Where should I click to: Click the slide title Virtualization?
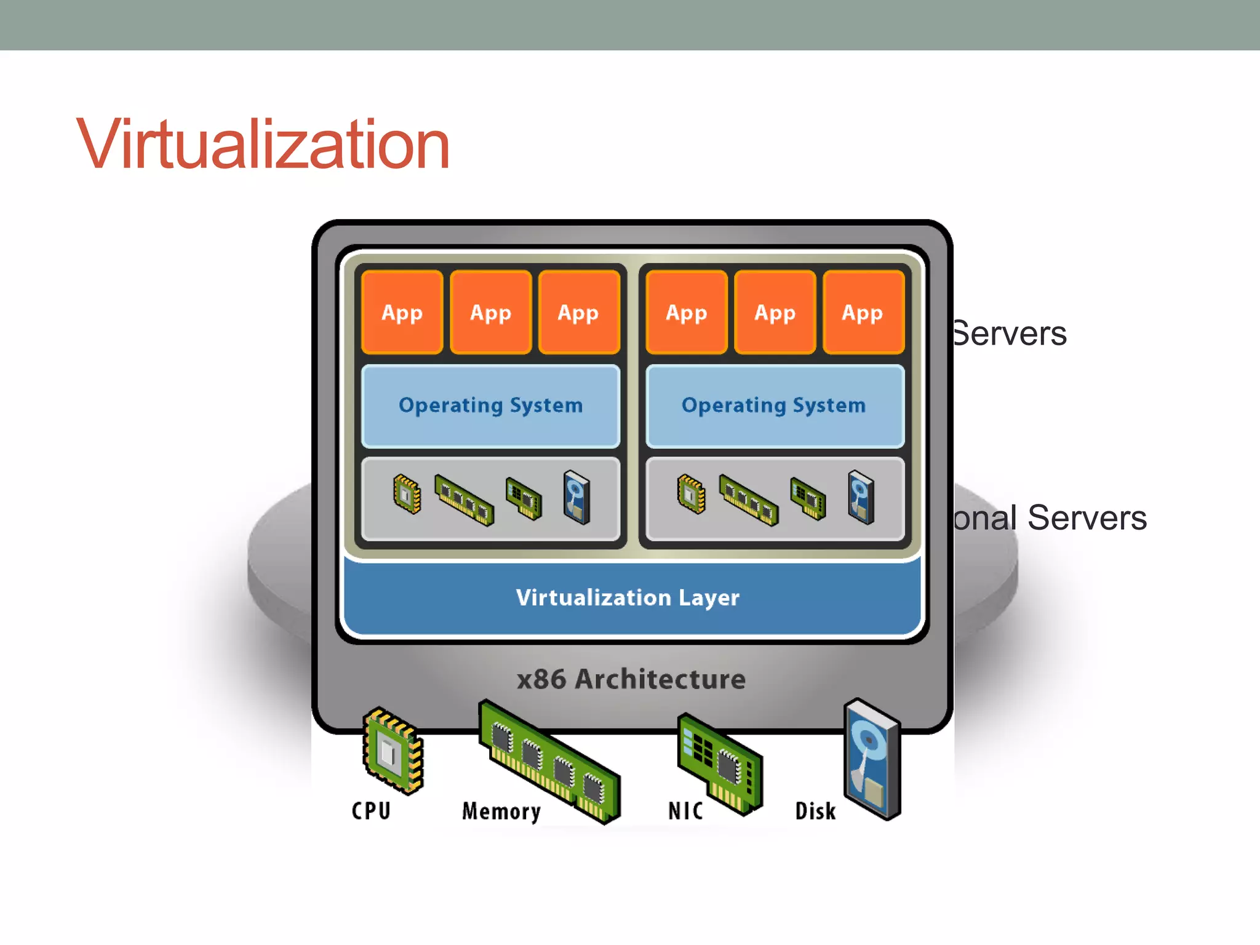coord(263,145)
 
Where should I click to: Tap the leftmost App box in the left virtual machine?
coord(402,312)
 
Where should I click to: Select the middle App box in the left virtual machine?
coord(490,312)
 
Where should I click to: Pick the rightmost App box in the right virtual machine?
coord(863,312)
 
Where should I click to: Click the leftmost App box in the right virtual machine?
coord(686,312)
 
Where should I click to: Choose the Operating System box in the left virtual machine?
coord(490,405)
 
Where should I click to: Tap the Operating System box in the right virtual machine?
coord(774,405)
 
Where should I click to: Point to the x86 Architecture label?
coord(631,679)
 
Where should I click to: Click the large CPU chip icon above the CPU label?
coord(393,751)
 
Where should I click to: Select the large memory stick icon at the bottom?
coord(549,762)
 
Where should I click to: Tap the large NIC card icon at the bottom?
coord(720,763)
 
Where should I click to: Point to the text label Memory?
coord(501,811)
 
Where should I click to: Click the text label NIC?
coord(685,811)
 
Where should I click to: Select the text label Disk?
coord(815,811)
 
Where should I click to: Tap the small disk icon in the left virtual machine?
coord(577,497)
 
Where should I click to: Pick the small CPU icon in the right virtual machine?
coord(692,493)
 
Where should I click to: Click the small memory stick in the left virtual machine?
coord(464,500)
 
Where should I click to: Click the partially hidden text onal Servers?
coord(1050,517)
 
